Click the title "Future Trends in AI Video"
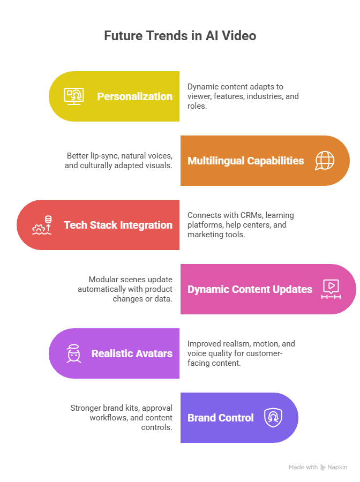point(180,36)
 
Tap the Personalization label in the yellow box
point(134,96)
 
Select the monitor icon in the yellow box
point(74,96)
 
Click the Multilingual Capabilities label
point(245,161)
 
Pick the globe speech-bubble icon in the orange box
point(325,161)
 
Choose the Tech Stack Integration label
point(118,225)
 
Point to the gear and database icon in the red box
point(42,225)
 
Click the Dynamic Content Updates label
point(250,289)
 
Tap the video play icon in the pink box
point(331,289)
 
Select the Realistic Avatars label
point(132,353)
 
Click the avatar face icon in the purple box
point(74,353)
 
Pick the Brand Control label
point(220,418)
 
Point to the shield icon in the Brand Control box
point(273,418)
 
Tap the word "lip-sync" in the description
point(104,156)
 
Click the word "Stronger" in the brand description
point(87,408)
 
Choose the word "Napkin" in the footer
point(337,468)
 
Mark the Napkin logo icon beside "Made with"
point(323,468)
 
